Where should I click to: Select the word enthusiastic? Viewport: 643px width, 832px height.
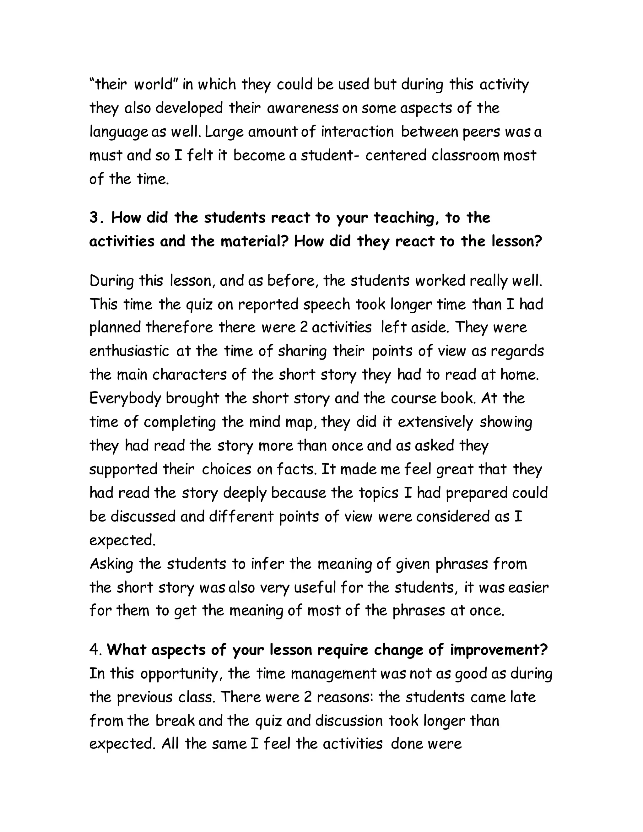click(129, 351)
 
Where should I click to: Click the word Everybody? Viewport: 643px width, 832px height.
click(125, 398)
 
